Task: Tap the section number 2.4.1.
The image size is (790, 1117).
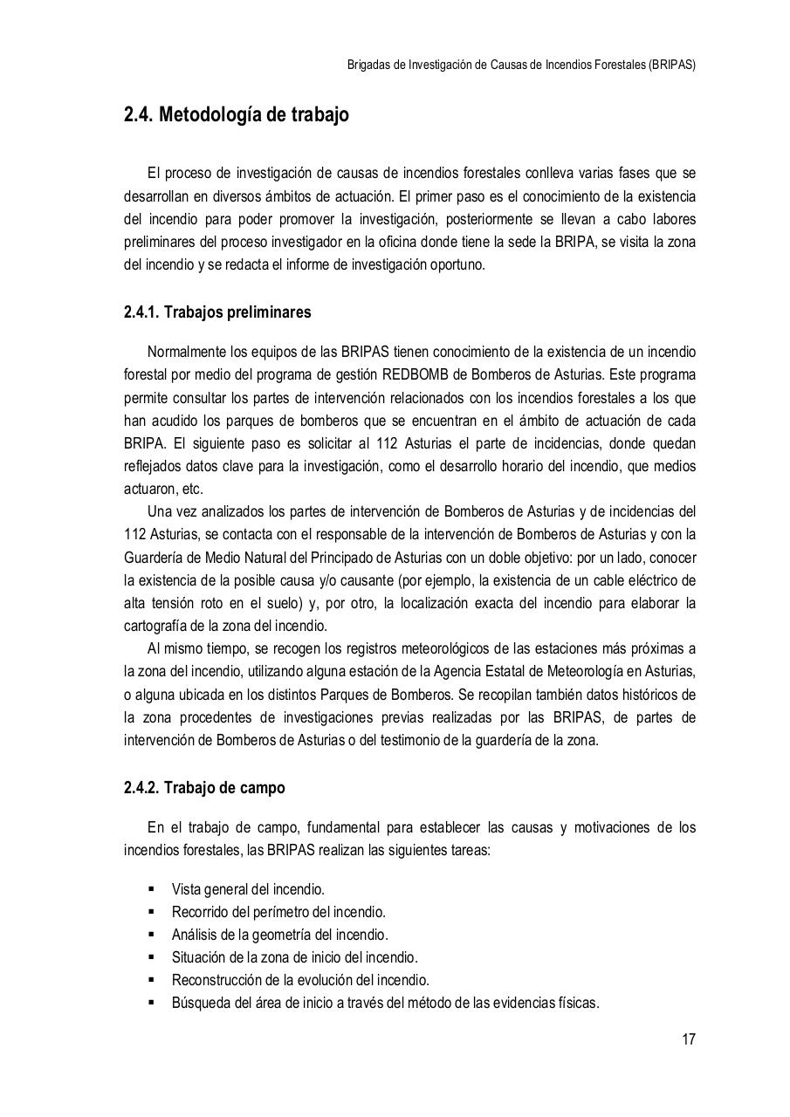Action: pos(141,312)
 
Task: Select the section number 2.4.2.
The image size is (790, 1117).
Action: pos(141,788)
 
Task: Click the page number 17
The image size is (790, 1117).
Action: pos(688,1039)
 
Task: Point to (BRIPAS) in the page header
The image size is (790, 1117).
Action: pos(672,65)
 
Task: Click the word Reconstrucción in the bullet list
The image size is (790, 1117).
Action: pos(216,980)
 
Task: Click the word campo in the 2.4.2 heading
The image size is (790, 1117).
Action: pos(261,788)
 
